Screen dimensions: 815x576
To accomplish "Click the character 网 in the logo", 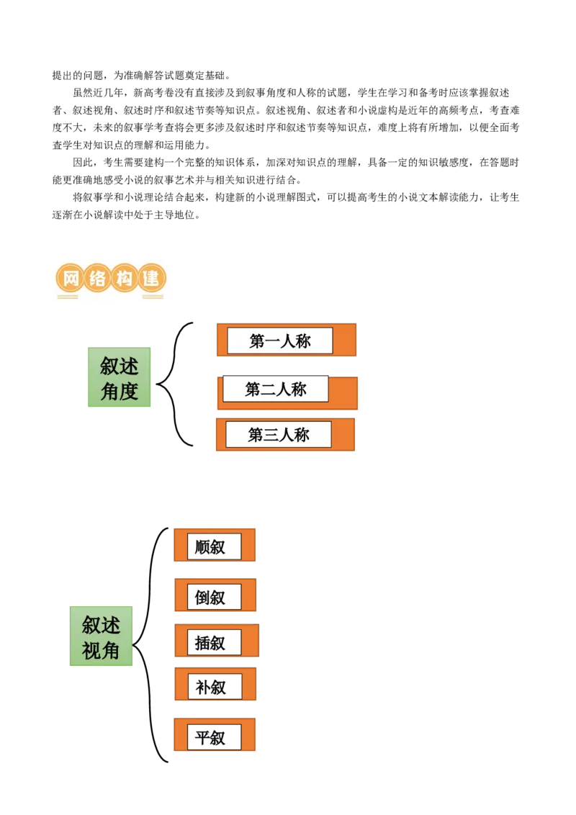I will (x=69, y=278).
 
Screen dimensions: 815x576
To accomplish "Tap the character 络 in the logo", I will (x=96, y=278).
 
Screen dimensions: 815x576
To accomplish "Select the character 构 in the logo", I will (x=124, y=278).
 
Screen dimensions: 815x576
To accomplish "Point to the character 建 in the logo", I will (x=151, y=278).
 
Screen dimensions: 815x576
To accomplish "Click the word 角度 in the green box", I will (x=120, y=391).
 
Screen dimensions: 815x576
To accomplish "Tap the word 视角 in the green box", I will (x=102, y=650).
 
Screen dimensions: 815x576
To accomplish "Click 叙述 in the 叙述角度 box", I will (x=120, y=366).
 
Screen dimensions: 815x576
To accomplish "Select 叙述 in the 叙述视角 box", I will (x=102, y=625).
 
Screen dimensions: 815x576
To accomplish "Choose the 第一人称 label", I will (x=280, y=341).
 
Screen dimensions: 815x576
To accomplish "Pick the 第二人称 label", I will (x=276, y=390).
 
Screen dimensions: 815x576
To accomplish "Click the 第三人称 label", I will (x=279, y=435).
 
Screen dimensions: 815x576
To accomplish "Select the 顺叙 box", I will (x=214, y=546).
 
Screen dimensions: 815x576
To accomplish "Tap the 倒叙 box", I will (x=214, y=597).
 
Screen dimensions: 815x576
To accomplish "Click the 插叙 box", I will (x=214, y=642).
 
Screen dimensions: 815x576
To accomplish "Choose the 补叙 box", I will (x=214, y=687).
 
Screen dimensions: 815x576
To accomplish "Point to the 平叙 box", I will (x=214, y=737).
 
